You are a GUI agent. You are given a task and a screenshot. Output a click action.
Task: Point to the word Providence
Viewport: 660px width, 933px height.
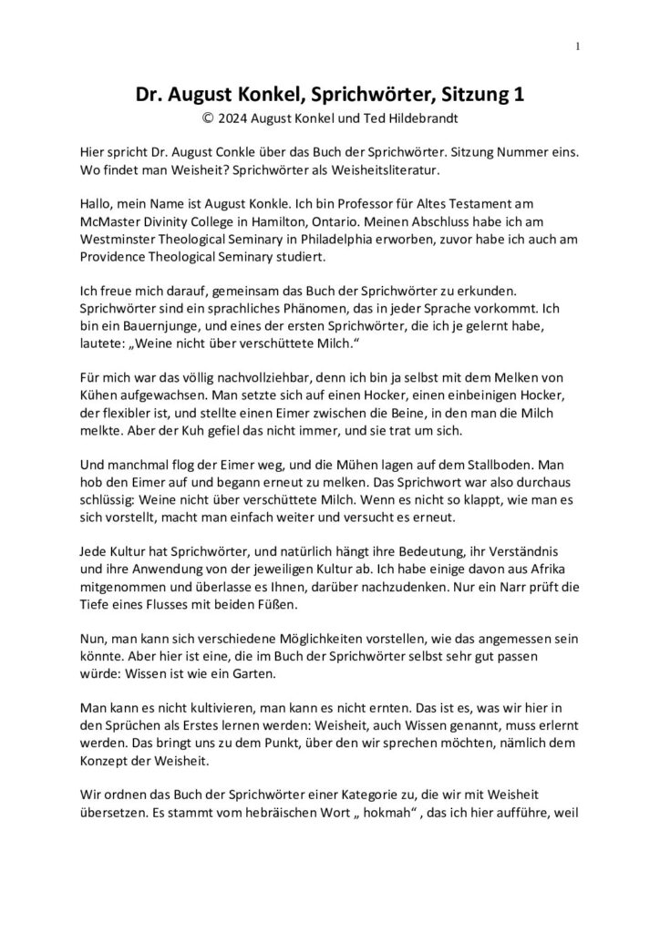tap(114, 259)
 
